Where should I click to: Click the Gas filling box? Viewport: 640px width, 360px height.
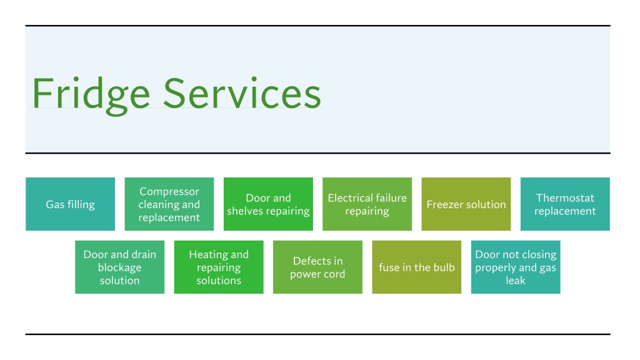point(70,204)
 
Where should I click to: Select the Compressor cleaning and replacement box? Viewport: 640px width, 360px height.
point(169,204)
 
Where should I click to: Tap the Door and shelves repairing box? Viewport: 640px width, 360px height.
point(268,204)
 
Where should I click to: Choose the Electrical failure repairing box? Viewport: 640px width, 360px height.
point(367,204)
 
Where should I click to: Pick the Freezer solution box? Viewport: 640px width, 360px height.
point(466,204)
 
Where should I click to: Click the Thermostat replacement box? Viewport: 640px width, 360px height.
point(565,204)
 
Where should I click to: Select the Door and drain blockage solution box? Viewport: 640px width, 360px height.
point(119,267)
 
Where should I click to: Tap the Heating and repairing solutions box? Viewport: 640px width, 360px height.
point(219,267)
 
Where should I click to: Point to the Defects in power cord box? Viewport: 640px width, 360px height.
point(317,267)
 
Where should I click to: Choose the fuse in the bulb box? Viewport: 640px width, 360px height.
point(417,267)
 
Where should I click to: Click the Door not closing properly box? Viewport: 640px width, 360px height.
point(516,267)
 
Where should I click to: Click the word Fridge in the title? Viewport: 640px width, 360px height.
point(91,96)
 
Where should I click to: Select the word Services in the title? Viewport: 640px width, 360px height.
point(242,94)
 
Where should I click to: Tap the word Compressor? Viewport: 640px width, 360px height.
point(169,192)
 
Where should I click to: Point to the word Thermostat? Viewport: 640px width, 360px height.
point(565,198)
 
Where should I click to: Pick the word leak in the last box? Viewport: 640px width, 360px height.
point(516,281)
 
